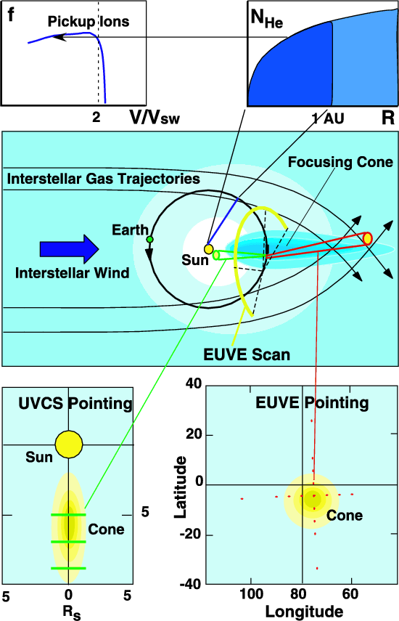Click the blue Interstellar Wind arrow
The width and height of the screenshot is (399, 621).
[69, 249]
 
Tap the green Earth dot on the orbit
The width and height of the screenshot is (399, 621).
[149, 239]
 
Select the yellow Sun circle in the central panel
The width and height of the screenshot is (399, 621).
[208, 249]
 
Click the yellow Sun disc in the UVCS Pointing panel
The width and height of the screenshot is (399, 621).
[69, 445]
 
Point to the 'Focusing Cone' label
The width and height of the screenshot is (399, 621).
[340, 162]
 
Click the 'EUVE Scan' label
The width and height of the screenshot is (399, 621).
[247, 354]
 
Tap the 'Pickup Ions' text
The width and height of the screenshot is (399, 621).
[89, 21]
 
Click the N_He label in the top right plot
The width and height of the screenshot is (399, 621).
[267, 19]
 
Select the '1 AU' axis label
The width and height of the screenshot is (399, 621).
[328, 118]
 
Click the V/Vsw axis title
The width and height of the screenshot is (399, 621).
[155, 117]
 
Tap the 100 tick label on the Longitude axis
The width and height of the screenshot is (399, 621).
[252, 594]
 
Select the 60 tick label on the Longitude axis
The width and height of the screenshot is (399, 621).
[350, 594]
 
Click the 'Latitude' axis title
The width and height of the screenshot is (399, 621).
[181, 487]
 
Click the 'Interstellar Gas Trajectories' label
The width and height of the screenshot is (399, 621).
[104, 179]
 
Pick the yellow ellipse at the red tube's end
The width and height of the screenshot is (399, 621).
[367, 239]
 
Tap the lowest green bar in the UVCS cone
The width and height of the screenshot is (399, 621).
[68, 568]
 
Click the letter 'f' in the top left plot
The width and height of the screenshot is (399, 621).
[11, 15]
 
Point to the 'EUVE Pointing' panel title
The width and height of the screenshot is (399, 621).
[312, 403]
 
